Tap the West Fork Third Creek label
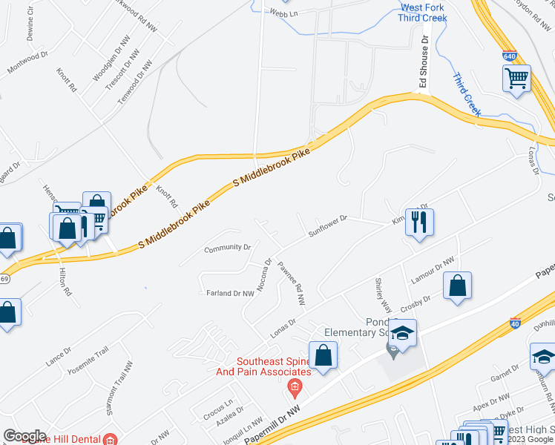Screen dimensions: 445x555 (x=422, y=13)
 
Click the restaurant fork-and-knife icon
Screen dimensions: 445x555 (x=420, y=222)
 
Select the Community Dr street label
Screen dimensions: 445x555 (x=228, y=247)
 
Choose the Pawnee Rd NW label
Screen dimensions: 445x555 (x=292, y=284)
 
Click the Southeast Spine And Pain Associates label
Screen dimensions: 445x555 (x=273, y=367)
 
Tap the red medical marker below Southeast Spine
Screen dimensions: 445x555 (x=295, y=387)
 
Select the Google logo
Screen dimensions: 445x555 (x=24, y=435)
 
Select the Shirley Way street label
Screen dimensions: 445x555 (x=383, y=295)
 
